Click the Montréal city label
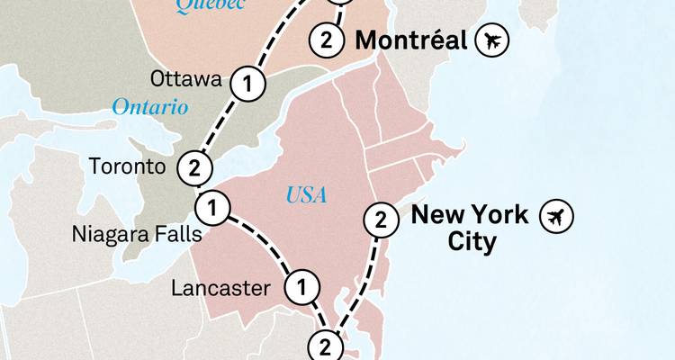(x=411, y=40)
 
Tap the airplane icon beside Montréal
(x=493, y=40)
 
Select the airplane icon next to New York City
(x=556, y=216)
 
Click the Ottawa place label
(x=185, y=79)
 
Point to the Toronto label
(x=128, y=166)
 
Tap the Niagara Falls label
(x=137, y=236)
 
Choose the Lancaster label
(x=220, y=289)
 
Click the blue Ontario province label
(x=149, y=107)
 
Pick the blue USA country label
(x=307, y=194)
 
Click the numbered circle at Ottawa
(x=247, y=85)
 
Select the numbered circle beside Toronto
(x=193, y=167)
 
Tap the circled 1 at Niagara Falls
(x=211, y=208)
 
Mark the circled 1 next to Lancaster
(x=302, y=288)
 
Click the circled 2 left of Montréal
(x=326, y=40)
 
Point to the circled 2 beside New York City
(x=381, y=219)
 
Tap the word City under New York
(x=472, y=242)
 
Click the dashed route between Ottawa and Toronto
(x=219, y=127)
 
